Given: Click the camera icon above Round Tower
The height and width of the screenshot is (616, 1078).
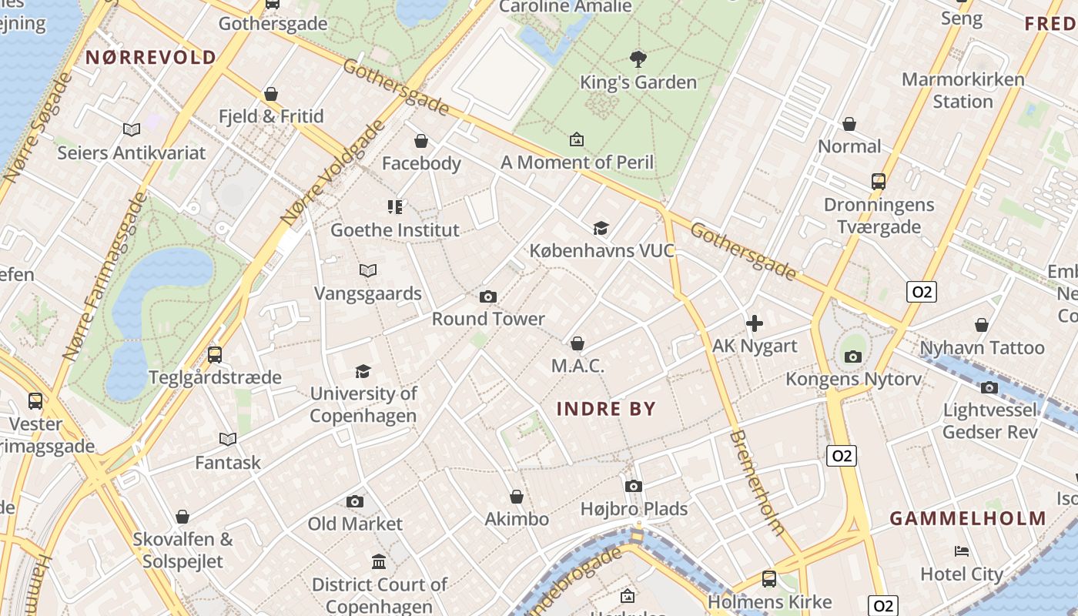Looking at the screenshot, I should [x=487, y=296].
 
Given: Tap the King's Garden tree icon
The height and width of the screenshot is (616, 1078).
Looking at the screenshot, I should [x=638, y=59].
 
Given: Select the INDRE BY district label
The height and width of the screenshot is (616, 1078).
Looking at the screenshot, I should [x=606, y=409].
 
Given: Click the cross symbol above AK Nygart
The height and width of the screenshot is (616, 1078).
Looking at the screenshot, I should [x=755, y=323].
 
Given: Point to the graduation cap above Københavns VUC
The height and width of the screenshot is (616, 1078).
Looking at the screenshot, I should [x=601, y=228].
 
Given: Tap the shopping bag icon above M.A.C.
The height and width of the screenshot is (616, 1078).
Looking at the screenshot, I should [x=577, y=343].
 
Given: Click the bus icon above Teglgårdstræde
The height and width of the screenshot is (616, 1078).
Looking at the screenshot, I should [x=215, y=355].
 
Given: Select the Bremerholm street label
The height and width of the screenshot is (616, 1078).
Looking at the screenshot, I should [x=756, y=483].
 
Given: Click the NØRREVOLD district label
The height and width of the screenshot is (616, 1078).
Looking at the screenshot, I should [x=151, y=57].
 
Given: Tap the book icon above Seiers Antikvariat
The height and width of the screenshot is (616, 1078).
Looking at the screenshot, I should [x=132, y=130].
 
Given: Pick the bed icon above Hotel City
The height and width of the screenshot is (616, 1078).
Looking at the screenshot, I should [x=962, y=551].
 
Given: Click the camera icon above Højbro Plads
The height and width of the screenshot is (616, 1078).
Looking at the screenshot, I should [x=634, y=486].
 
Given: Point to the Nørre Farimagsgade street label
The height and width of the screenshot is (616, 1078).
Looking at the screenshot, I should [x=105, y=277].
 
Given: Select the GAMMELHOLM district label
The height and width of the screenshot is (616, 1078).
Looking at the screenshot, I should [x=968, y=518].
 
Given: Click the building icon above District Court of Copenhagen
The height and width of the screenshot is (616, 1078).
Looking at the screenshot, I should [x=379, y=562].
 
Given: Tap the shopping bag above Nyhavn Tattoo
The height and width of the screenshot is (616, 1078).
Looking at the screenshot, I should [x=981, y=325].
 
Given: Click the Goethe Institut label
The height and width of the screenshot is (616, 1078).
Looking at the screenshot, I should [x=394, y=229].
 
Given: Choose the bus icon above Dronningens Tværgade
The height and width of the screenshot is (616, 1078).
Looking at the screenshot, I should [x=879, y=182].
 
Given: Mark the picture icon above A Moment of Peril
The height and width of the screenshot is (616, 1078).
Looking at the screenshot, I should [x=576, y=139].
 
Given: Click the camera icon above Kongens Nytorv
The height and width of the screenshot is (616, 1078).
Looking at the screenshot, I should [x=852, y=357].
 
